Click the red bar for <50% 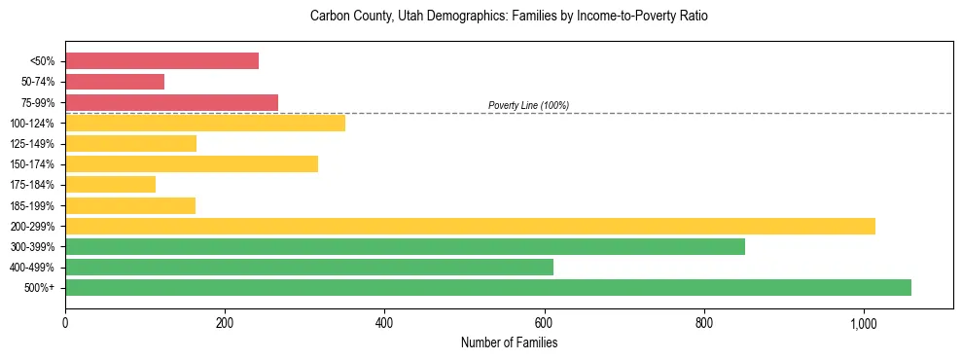pyautogui.click(x=161, y=61)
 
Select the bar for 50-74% pyautogui.click(x=115, y=82)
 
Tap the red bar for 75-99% pyautogui.click(x=171, y=102)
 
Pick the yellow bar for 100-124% pyautogui.click(x=205, y=123)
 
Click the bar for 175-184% pyautogui.click(x=110, y=185)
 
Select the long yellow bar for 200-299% pyautogui.click(x=470, y=226)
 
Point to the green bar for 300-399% pyautogui.click(x=405, y=246)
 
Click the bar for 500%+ pyautogui.click(x=488, y=287)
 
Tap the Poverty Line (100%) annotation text pyautogui.click(x=528, y=105)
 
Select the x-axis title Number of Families pyautogui.click(x=509, y=342)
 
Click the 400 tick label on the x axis pyautogui.click(x=384, y=322)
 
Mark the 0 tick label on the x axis pyautogui.click(x=65, y=322)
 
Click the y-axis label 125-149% pyautogui.click(x=33, y=144)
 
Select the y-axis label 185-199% pyautogui.click(x=33, y=206)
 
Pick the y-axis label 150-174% pyautogui.click(x=33, y=164)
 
